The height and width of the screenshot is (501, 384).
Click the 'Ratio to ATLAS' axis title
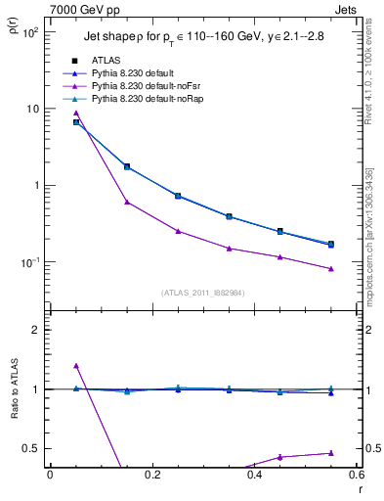click(13, 392)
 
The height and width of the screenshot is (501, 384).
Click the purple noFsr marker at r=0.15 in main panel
click(127, 202)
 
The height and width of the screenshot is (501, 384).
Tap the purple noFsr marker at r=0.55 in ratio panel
click(331, 453)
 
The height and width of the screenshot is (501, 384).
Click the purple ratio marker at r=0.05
click(76, 366)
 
